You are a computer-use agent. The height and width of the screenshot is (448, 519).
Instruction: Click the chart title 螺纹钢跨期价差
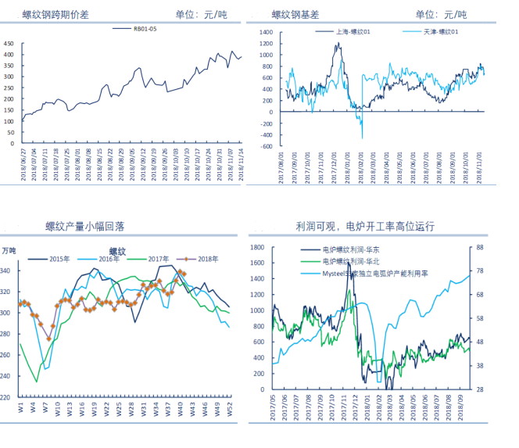coord(55,14)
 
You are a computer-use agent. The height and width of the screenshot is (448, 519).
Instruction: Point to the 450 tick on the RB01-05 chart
coord(9,44)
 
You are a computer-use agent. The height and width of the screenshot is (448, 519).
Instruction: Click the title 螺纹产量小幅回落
coord(85,226)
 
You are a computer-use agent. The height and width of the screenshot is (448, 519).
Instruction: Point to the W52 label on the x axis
coord(229,408)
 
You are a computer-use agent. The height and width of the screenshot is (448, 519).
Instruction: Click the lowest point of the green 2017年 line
coord(36,382)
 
